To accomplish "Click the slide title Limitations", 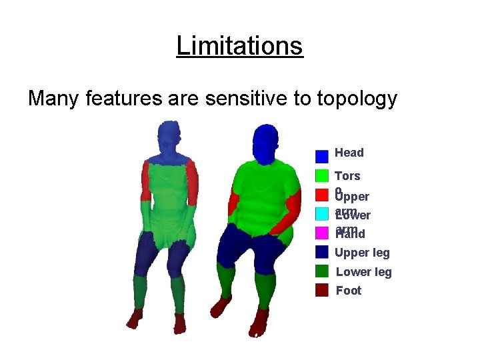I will coord(239,46).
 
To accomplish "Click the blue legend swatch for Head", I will coord(322,156).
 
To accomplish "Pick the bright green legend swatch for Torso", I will coord(322,175).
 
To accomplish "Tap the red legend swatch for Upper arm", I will coord(322,195).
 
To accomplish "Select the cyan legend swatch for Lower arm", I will coord(322,213).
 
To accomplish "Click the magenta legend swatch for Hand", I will coord(322,233).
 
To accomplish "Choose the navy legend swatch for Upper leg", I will coord(322,251).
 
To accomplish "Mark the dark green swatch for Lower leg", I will coord(322,271).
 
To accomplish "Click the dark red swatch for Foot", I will coord(322,290).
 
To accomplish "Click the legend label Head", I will coord(349,153).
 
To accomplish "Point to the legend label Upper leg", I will coord(363,253).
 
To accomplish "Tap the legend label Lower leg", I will coord(363,271).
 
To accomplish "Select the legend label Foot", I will coord(349,291).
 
